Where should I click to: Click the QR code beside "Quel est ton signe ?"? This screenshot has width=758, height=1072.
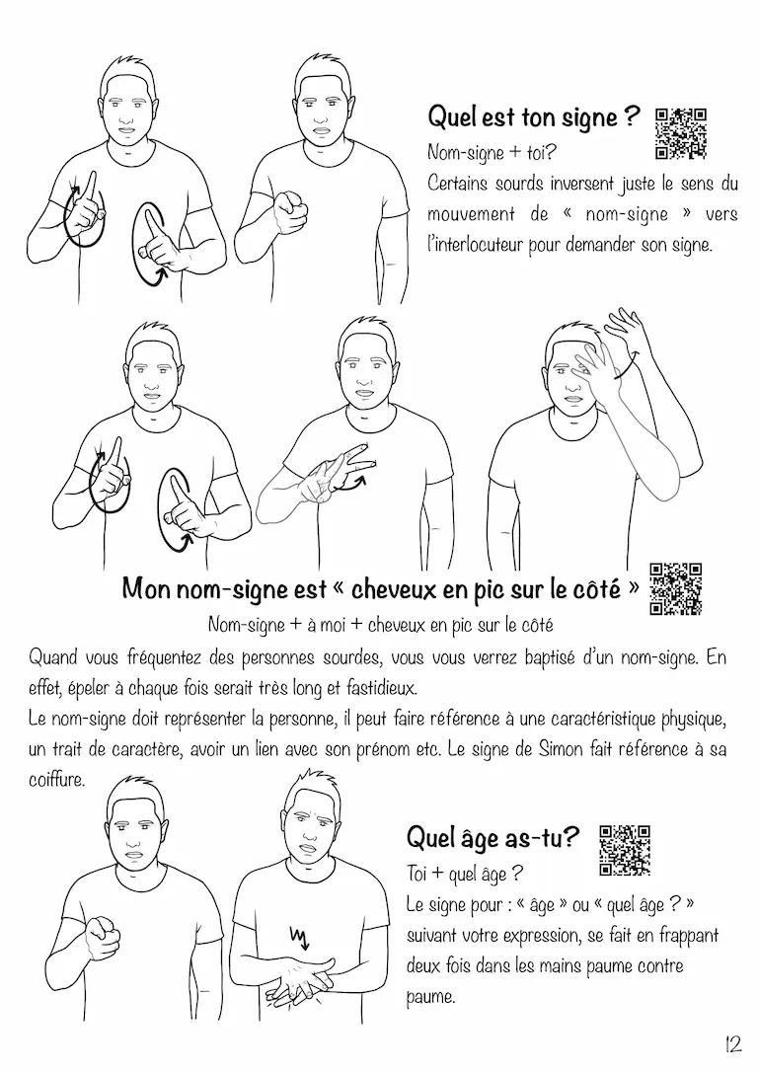tap(681, 134)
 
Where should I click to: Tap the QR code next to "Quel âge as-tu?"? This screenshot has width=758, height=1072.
tap(625, 851)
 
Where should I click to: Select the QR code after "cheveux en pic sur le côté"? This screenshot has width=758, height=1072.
tap(676, 589)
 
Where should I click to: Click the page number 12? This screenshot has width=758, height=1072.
tap(732, 1044)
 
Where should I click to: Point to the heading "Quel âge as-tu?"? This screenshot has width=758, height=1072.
tap(493, 836)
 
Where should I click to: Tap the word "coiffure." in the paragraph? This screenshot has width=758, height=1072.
tap(56, 779)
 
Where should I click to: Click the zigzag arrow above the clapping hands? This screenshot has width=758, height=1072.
tap(299, 937)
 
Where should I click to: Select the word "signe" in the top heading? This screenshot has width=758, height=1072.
tap(590, 117)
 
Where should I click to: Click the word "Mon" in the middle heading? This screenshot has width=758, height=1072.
tap(146, 589)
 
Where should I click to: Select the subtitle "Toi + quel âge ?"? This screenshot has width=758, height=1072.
tap(465, 873)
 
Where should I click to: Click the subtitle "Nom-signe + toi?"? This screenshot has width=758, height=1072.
tap(493, 152)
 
